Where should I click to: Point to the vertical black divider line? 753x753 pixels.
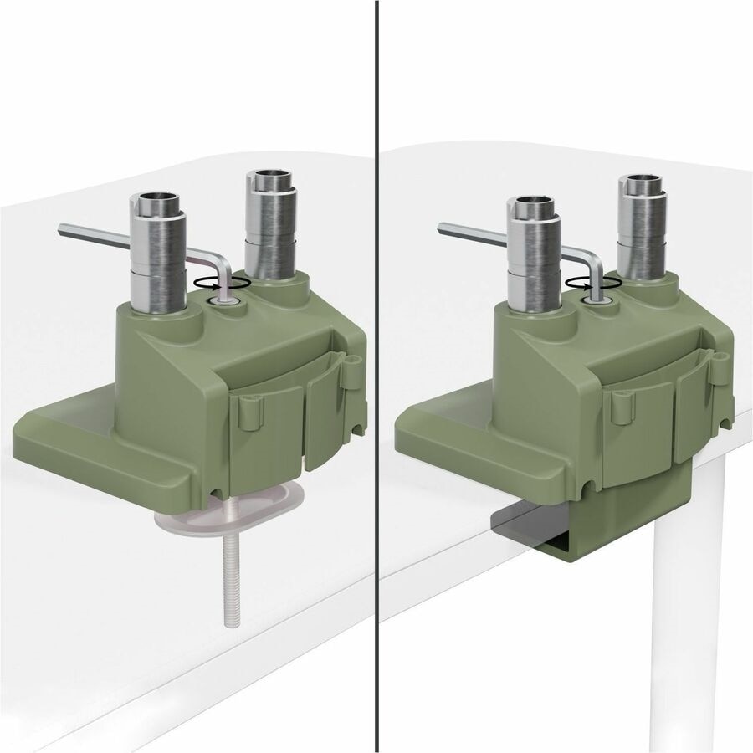(377, 376)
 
